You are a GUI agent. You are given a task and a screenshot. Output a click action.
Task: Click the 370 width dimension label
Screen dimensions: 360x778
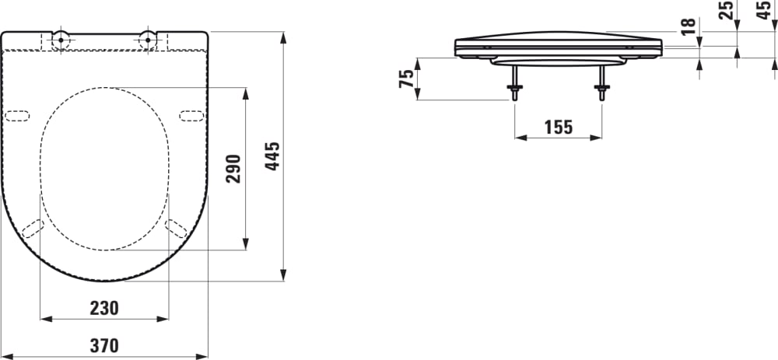[103, 346]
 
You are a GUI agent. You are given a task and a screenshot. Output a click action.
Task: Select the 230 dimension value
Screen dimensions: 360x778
[103, 308]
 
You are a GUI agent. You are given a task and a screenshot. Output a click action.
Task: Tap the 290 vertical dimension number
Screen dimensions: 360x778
[234, 169]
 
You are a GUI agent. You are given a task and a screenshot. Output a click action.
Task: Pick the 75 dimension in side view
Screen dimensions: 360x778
[406, 79]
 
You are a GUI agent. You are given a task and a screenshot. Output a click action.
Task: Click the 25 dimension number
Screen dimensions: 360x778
[727, 11]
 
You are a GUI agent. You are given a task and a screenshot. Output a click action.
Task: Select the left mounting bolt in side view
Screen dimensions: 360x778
[513, 85]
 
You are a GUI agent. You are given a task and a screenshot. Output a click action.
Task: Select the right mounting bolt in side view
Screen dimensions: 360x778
[601, 85]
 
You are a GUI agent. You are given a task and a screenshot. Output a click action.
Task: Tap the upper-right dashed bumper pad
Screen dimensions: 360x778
[191, 116]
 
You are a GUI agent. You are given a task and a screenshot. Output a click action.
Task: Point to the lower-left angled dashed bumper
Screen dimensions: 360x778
[33, 228]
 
